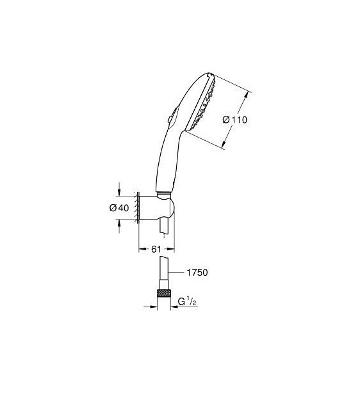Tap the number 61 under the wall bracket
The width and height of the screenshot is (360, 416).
(156, 249)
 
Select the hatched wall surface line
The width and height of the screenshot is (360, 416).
(138, 207)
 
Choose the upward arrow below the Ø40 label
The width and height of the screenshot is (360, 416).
(120, 224)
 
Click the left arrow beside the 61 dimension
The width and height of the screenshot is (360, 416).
(142, 240)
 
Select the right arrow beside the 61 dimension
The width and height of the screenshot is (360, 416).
(171, 240)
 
